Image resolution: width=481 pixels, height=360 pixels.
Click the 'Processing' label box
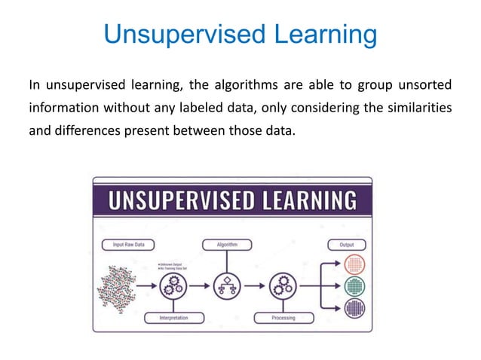[283, 318]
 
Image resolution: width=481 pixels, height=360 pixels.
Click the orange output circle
[354, 264]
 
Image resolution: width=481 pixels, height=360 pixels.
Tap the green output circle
[354, 287]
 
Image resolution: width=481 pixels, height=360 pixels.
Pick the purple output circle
[354, 309]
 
